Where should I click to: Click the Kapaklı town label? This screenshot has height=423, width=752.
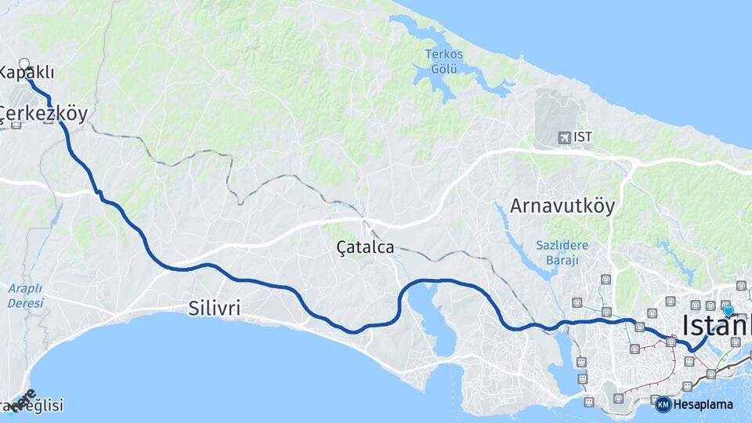[27, 73]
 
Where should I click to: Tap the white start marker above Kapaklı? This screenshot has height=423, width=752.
[23, 64]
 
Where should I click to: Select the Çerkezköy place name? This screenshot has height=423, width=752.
[44, 114]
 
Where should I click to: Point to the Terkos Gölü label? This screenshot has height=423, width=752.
[444, 61]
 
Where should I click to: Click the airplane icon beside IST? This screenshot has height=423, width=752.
[563, 138]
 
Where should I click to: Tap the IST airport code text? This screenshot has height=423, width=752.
[583, 137]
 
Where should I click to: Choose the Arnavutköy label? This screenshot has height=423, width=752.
[562, 206]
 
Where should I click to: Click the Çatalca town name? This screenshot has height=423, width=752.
[365, 248]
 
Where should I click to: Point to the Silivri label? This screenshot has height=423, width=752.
[215, 308]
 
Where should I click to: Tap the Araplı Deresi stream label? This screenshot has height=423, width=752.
[26, 295]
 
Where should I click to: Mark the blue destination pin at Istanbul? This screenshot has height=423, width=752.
[728, 311]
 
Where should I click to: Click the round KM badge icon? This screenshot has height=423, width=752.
[663, 404]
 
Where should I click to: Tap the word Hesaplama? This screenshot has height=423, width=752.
[703, 405]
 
